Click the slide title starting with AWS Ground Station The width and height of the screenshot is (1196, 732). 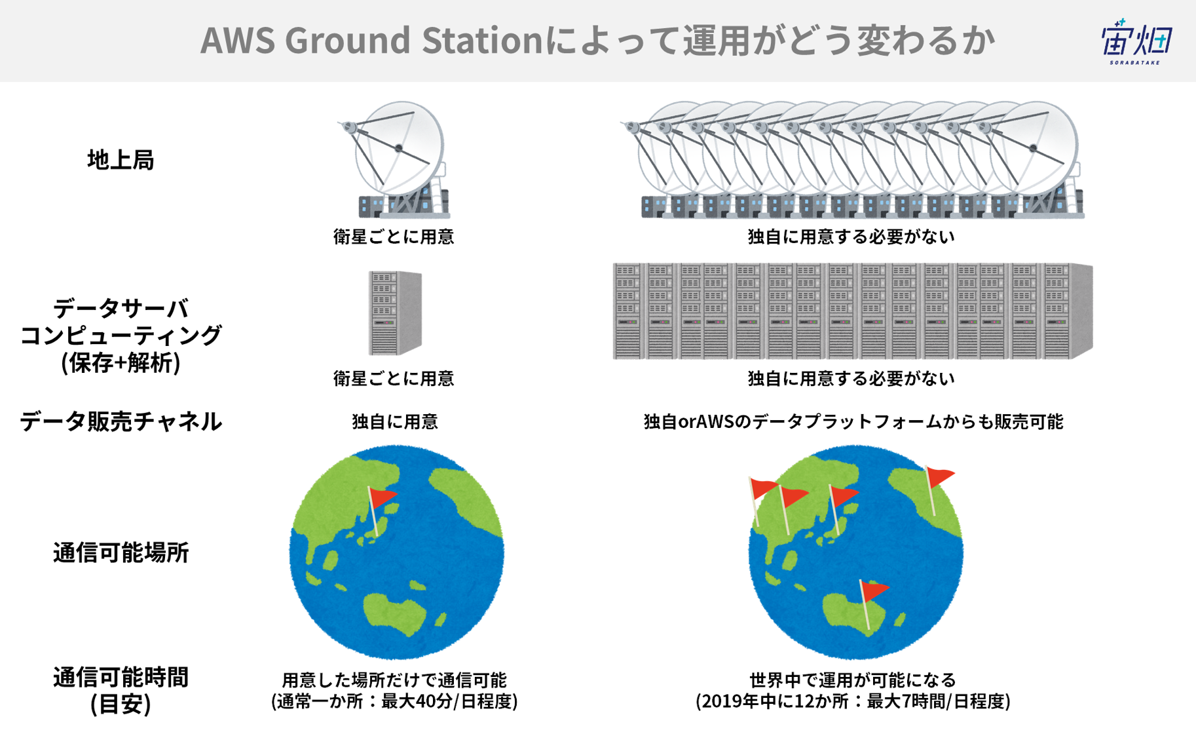(x=597, y=40)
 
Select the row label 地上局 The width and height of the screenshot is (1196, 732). (x=121, y=160)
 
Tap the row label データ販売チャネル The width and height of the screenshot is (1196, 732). (x=121, y=421)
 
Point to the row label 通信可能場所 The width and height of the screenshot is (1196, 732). (x=121, y=552)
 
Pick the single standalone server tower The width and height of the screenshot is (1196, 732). (x=394, y=313)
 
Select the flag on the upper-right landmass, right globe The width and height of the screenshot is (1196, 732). (x=938, y=489)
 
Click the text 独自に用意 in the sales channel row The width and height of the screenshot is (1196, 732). (x=394, y=421)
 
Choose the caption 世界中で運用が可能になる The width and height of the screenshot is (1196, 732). (x=853, y=680)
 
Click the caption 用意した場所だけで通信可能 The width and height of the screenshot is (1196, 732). (x=394, y=680)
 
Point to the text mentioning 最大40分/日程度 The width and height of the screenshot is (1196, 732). (x=394, y=701)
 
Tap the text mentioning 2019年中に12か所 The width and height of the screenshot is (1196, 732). (x=853, y=701)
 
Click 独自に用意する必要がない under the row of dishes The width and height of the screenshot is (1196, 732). (x=851, y=237)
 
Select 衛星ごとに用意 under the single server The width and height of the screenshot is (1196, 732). (x=394, y=378)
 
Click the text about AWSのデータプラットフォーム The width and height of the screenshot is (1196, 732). (x=853, y=421)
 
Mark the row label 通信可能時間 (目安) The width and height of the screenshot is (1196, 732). (x=121, y=690)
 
